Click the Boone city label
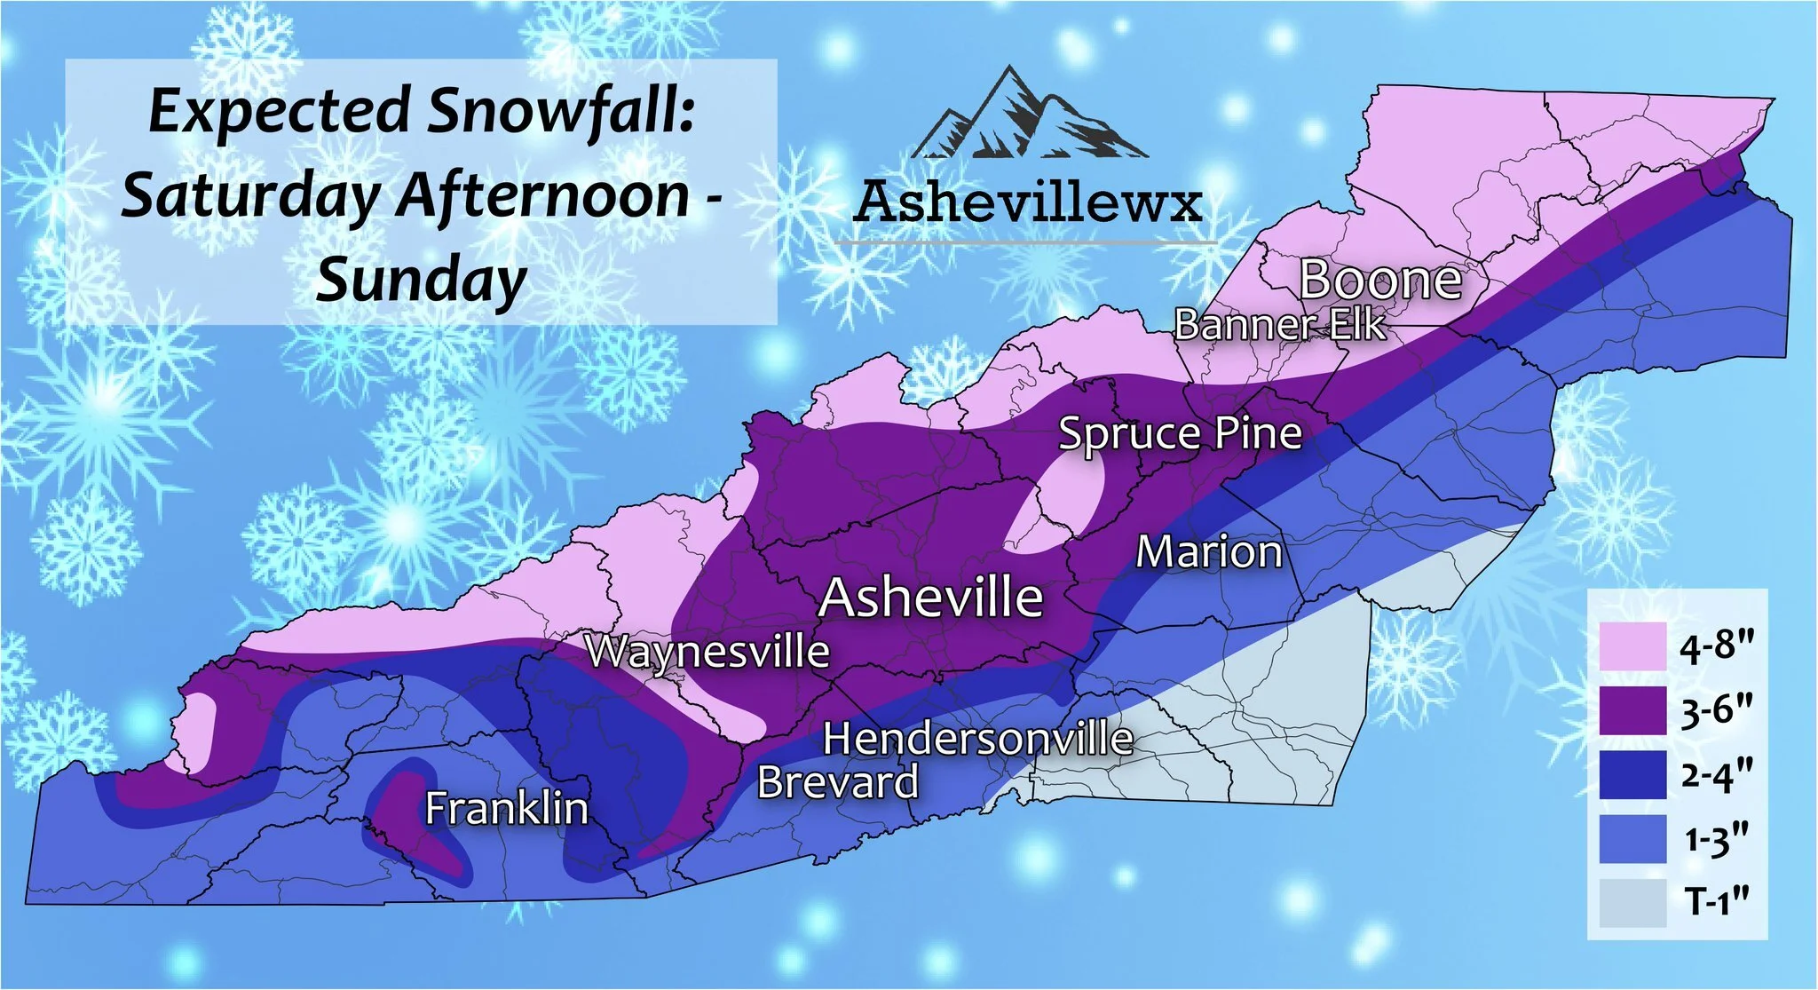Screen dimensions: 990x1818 pyautogui.click(x=1380, y=281)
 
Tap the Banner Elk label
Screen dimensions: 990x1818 pyautogui.click(x=1278, y=325)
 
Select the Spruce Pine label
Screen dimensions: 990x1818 pyautogui.click(x=1180, y=434)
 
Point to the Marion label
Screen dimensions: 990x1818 pyautogui.click(x=1209, y=552)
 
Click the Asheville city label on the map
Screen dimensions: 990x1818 pyautogui.click(x=930, y=598)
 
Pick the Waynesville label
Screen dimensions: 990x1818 pyautogui.click(x=707, y=652)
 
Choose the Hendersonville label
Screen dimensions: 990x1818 pyautogui.click(x=977, y=739)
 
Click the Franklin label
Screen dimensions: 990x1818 pyautogui.click(x=506, y=809)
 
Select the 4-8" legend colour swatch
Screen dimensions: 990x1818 pyautogui.click(x=1632, y=646)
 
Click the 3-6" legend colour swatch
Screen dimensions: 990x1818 pyautogui.click(x=1632, y=710)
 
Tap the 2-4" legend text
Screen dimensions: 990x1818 pyautogui.click(x=1717, y=774)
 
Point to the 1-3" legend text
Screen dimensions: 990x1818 pyautogui.click(x=1717, y=839)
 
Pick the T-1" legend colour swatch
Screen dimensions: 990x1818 pyautogui.click(x=1632, y=903)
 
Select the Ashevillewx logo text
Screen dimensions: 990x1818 pyautogui.click(x=1027, y=202)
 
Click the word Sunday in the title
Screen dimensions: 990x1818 pyautogui.click(x=422, y=281)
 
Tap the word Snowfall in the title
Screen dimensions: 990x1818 pyautogui.click(x=560, y=112)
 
